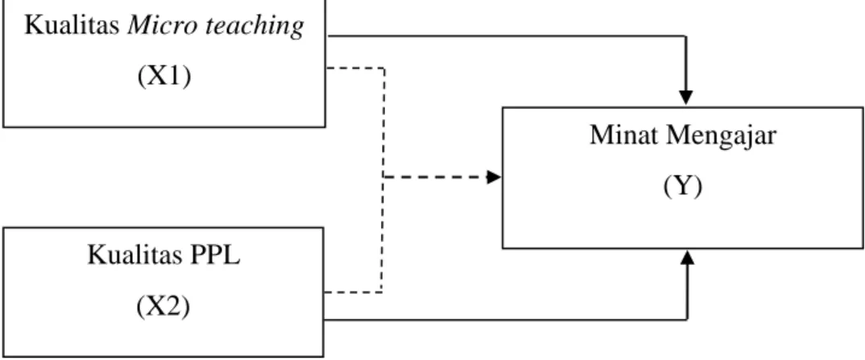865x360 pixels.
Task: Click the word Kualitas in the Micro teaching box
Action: tap(72, 26)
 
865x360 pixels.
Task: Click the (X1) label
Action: tap(164, 77)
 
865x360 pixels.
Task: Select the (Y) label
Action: tap(683, 187)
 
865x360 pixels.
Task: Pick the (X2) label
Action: tap(163, 307)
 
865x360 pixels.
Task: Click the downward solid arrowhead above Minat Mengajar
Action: tap(685, 97)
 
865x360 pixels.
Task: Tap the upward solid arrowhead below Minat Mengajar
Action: tap(687, 258)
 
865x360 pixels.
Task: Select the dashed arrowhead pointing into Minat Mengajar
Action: tap(494, 177)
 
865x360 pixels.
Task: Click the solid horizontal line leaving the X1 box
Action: tap(507, 36)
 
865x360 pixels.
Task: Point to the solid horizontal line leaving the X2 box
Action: tap(505, 319)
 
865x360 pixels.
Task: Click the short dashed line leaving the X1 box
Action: tap(355, 68)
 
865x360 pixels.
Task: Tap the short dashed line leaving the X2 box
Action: tap(353, 292)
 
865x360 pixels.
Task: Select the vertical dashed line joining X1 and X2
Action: tap(383, 180)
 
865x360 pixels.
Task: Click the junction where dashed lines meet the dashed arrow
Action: tap(383, 177)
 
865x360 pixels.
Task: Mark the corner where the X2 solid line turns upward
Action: tap(687, 319)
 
